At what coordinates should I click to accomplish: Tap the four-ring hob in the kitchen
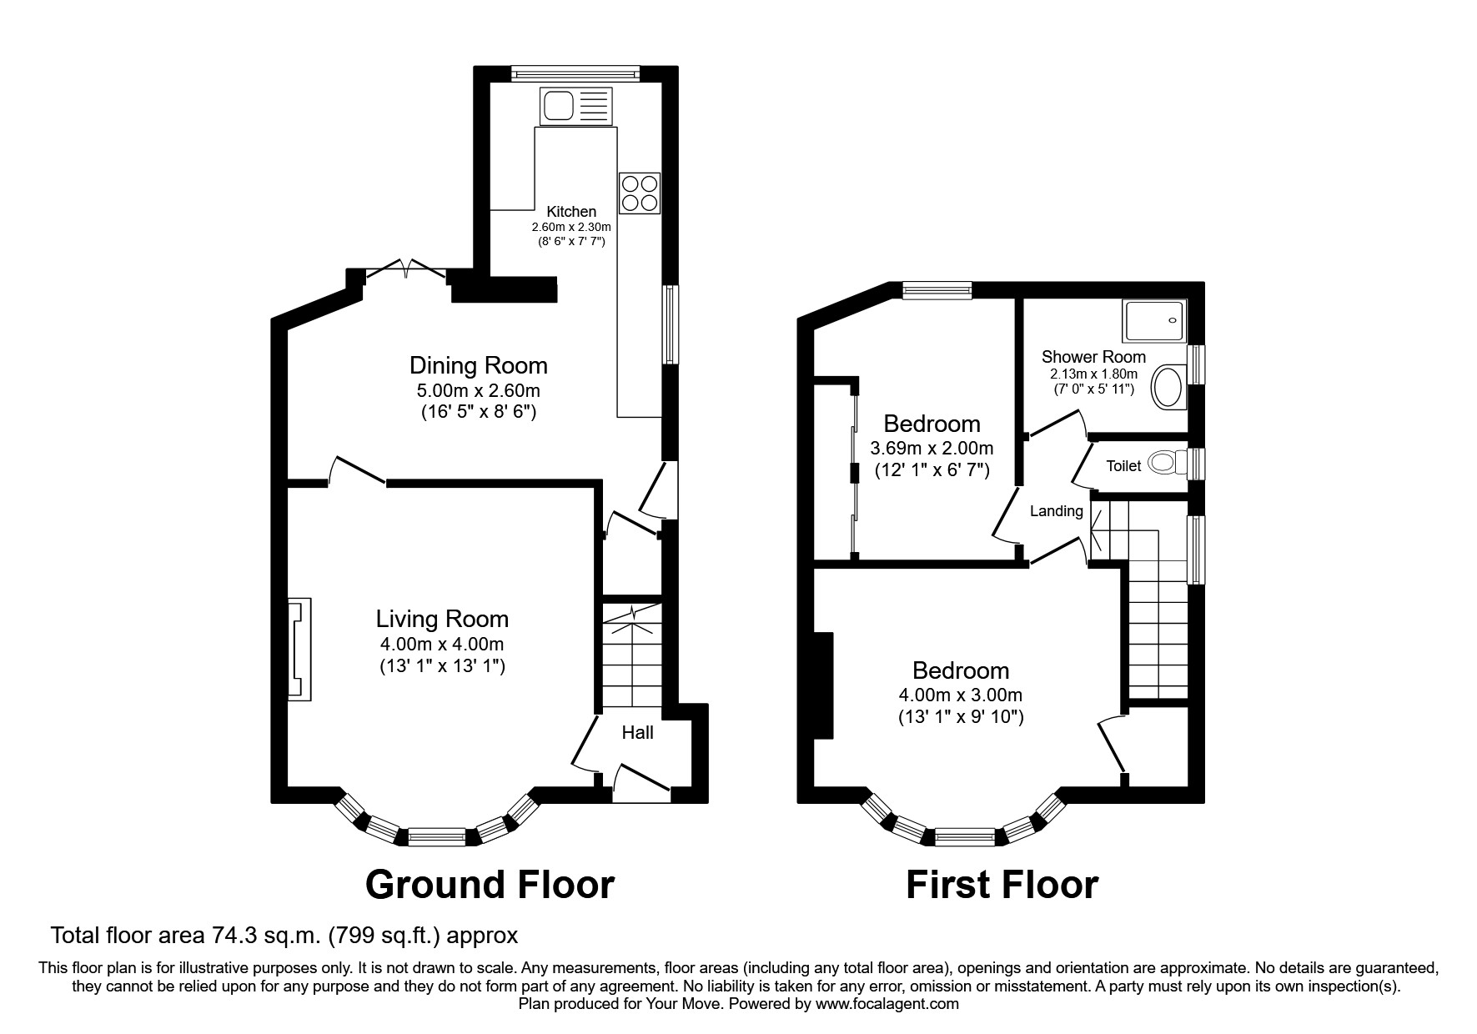click(640, 193)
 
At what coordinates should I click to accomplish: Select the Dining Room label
click(478, 365)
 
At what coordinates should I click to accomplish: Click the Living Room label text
click(442, 619)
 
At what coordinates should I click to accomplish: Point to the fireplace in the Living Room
click(299, 649)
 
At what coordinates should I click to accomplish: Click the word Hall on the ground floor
click(637, 732)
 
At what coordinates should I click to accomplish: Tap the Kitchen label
click(571, 212)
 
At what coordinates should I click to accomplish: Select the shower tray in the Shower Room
click(1153, 321)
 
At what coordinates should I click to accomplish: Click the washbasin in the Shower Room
click(1168, 388)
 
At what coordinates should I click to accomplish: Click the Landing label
click(1056, 511)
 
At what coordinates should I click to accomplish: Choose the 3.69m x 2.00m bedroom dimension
click(932, 448)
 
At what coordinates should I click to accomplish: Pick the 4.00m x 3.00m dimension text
click(961, 695)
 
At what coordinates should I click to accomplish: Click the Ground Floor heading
click(490, 885)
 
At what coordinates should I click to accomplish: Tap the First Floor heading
click(1002, 885)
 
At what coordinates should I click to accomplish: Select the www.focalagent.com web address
click(887, 1004)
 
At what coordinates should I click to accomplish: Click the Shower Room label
click(1093, 357)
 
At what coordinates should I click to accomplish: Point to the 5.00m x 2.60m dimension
click(478, 390)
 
